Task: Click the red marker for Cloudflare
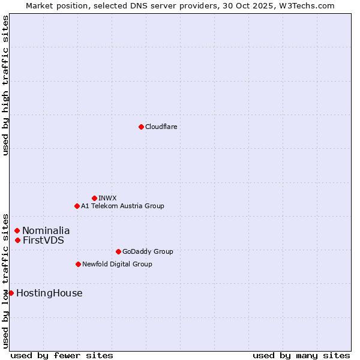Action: click(x=141, y=127)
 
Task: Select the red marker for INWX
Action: click(x=94, y=198)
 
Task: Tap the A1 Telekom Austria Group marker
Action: click(x=77, y=206)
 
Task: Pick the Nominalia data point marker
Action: click(x=17, y=230)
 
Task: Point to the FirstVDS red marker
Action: click(x=18, y=240)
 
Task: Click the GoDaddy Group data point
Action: click(x=118, y=251)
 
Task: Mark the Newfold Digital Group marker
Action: click(x=78, y=264)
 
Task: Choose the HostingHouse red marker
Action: click(x=11, y=293)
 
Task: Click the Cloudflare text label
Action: click(x=161, y=127)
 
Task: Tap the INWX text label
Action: click(x=107, y=198)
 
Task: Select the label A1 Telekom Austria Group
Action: click(x=122, y=206)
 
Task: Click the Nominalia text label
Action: click(x=46, y=230)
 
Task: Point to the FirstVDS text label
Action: click(x=43, y=240)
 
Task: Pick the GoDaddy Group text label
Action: click(x=148, y=251)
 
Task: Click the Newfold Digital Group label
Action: click(x=117, y=264)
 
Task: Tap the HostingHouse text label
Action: click(x=49, y=293)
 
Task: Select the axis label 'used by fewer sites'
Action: click(x=62, y=355)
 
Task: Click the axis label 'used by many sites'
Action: click(x=301, y=355)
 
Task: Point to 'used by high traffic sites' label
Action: click(x=5, y=85)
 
